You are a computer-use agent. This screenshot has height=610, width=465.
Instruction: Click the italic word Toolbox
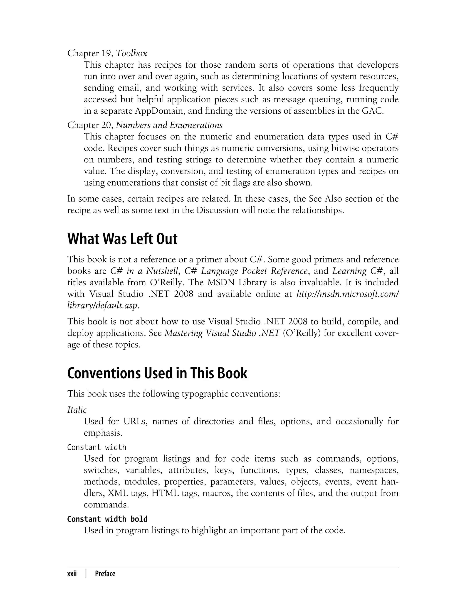pyautogui.click(x=131, y=53)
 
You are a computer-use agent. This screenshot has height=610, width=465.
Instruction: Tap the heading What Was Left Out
pyautogui.click(x=122, y=239)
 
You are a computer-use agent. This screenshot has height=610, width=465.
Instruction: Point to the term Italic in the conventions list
pyautogui.click(x=77, y=409)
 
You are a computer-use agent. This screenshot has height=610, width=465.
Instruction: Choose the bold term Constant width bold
pyautogui.click(x=107, y=519)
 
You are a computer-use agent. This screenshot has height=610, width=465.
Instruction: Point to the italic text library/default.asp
pyautogui.click(x=102, y=306)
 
